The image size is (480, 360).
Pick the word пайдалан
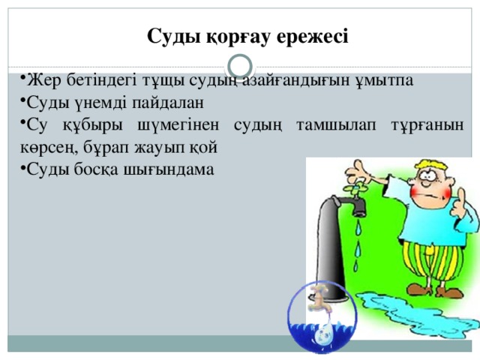pos(168,103)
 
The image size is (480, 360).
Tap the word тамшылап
pos(336,125)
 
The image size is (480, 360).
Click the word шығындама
pos(169,170)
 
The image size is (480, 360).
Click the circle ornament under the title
pos(240,67)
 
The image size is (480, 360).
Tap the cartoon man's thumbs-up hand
pos(458,203)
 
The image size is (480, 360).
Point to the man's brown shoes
pos(435,290)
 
